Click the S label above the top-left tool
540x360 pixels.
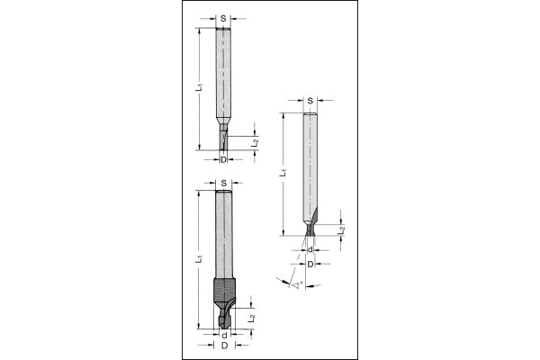223,17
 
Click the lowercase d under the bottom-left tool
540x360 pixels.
222,335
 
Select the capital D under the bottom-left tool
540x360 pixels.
222,346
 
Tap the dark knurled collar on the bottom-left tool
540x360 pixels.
222,292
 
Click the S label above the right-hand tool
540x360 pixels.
310,100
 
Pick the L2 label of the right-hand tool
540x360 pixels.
343,231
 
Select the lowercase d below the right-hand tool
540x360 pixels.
310,251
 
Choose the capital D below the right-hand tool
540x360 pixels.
310,265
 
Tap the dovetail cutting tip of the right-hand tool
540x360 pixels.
310,229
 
